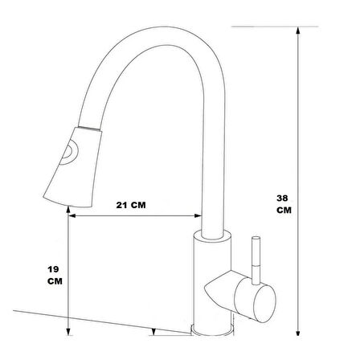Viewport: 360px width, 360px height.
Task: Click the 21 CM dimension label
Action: tap(133, 205)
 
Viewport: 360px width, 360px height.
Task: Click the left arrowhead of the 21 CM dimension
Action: tap(73, 216)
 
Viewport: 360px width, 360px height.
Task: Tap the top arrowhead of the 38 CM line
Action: tap(298, 29)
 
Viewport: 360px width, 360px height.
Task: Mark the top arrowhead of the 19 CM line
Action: tap(72, 223)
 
